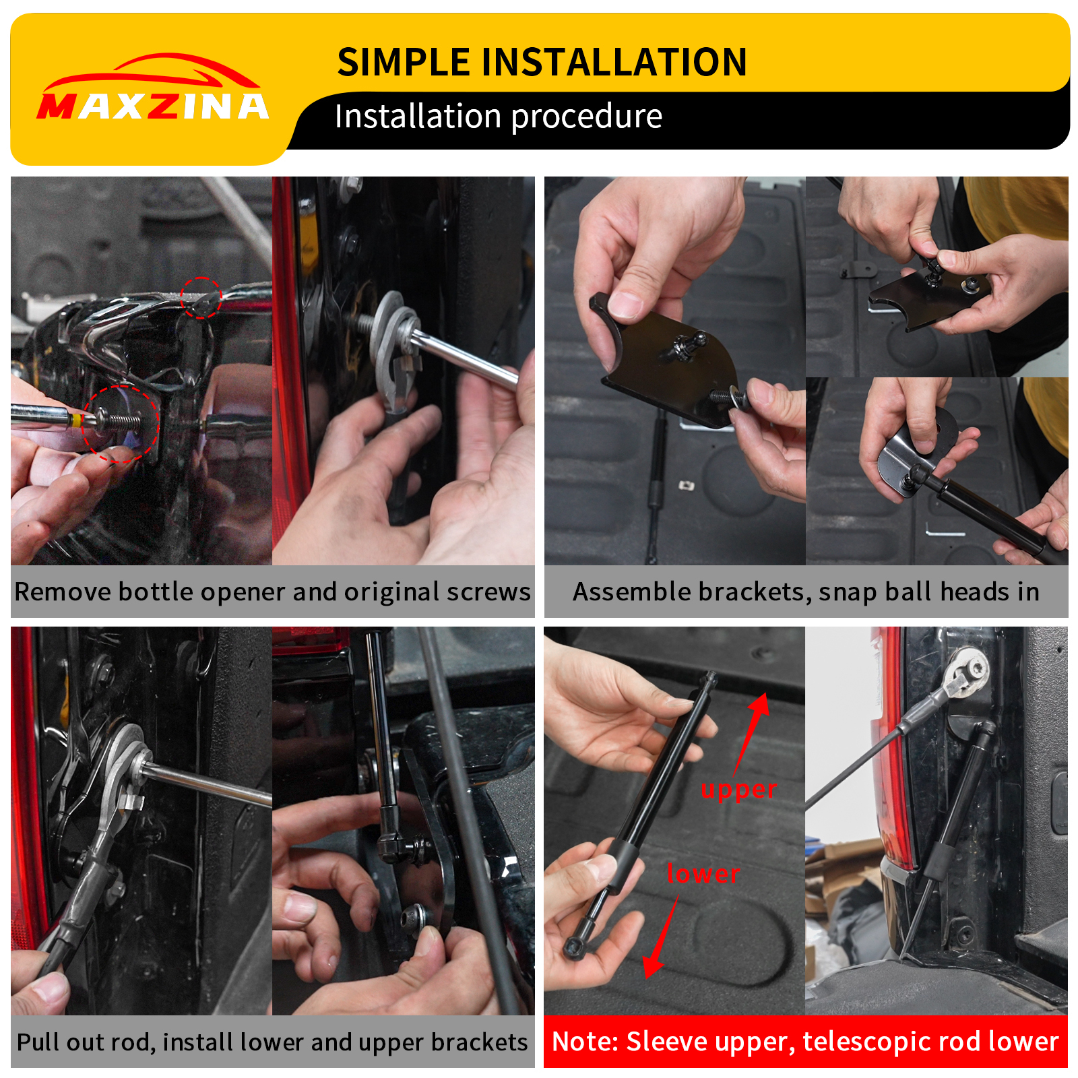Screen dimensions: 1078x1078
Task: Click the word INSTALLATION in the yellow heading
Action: pyautogui.click(x=614, y=62)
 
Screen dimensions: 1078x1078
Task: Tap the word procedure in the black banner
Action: pyautogui.click(x=587, y=117)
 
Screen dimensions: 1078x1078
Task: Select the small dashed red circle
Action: pyautogui.click(x=201, y=297)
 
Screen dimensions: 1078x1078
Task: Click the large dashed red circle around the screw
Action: pyautogui.click(x=120, y=423)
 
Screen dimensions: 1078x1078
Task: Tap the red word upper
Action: pyautogui.click(x=738, y=790)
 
